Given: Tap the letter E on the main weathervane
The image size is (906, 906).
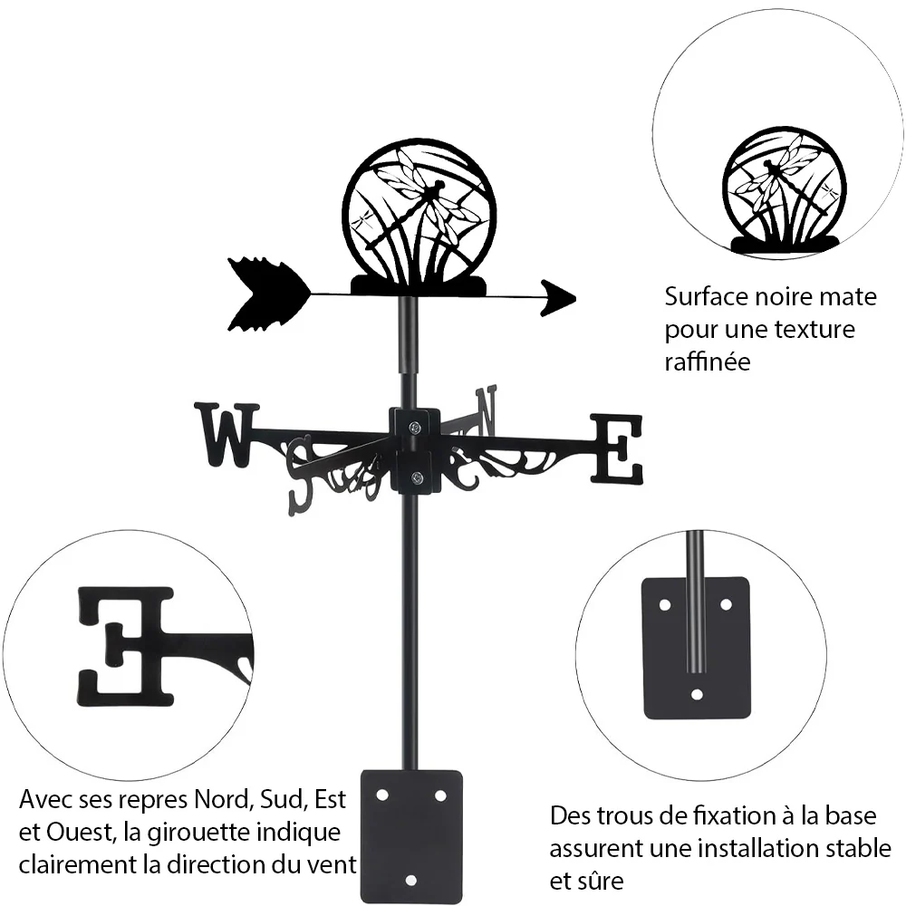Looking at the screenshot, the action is pos(616,449).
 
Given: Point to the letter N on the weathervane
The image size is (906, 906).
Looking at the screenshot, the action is pos(486,410).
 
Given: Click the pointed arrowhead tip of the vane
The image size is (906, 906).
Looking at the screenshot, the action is pos(575,299).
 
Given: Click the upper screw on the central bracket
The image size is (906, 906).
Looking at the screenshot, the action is pos(414,428).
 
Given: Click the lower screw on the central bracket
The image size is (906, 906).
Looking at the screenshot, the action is pos(416,477).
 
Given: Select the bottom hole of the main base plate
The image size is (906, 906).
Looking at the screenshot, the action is pos(410,881).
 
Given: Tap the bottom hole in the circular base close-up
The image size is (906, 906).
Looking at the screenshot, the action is pos(697,694).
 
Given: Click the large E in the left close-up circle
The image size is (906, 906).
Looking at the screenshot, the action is pos(126,647).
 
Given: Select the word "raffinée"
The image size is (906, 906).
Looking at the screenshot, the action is pos(708,361).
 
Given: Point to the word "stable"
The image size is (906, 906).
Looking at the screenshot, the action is pos(858,849).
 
